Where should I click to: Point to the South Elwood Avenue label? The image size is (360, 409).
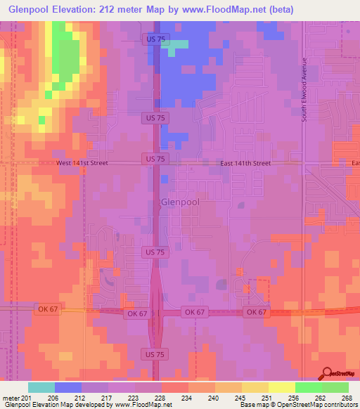tap(305, 89)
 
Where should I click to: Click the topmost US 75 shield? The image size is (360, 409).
tap(153, 39)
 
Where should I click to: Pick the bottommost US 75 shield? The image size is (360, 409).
tap(153, 355)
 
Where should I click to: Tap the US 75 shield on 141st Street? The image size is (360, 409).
tap(153, 160)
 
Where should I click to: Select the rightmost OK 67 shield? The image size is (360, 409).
tap(255, 311)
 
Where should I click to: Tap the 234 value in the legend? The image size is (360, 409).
tap(186, 397)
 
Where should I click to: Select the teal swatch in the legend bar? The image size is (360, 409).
tap(41, 387)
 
